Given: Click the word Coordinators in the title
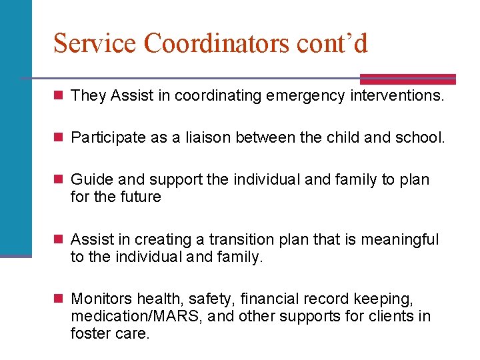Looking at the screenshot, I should tap(215, 43).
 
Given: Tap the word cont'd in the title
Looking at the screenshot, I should tap(330, 43).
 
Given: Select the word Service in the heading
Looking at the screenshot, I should tap(95, 43).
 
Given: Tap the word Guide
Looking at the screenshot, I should tap(91, 180).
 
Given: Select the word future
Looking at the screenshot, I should tap(139, 197).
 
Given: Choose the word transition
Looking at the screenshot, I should tap(242, 239).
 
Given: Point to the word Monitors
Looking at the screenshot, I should tap(99, 299).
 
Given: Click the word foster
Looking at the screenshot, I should tap(89, 333).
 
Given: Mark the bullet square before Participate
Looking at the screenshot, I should tap(59, 139).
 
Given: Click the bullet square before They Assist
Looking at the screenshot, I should tap(59, 96).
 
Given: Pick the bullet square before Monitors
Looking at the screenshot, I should tap(59, 299).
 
